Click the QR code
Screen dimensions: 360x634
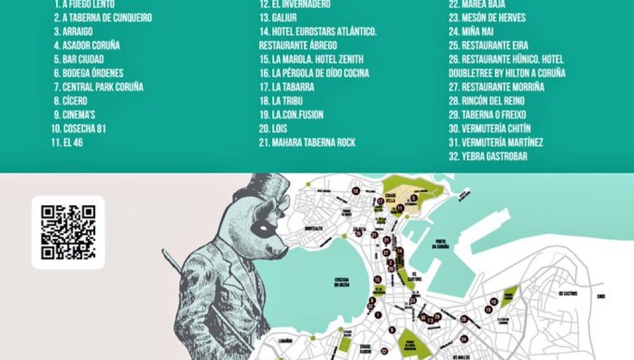(68, 232)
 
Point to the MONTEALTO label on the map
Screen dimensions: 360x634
(314, 228)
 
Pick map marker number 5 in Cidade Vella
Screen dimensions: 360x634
(413, 198)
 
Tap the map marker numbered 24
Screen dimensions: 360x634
(464, 338)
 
